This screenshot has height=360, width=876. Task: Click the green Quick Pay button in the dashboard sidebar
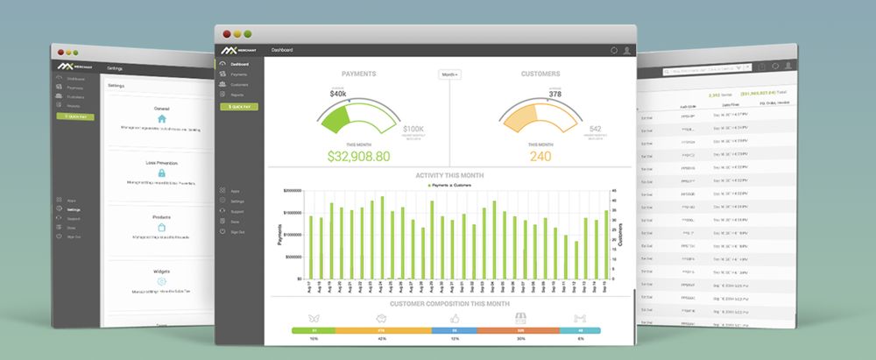click(239, 106)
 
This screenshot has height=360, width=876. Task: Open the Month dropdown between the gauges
click(449, 75)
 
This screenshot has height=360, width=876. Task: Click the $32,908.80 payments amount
click(358, 157)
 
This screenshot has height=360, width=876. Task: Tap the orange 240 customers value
click(540, 157)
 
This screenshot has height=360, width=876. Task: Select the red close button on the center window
click(227, 33)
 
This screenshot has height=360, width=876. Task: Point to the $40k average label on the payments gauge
click(338, 93)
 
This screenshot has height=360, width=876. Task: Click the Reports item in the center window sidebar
click(238, 95)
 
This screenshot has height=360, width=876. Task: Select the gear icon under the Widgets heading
click(161, 281)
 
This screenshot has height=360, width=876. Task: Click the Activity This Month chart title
click(449, 175)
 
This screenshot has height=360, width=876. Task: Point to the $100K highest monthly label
click(413, 128)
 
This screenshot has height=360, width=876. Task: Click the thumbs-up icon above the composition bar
click(455, 317)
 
